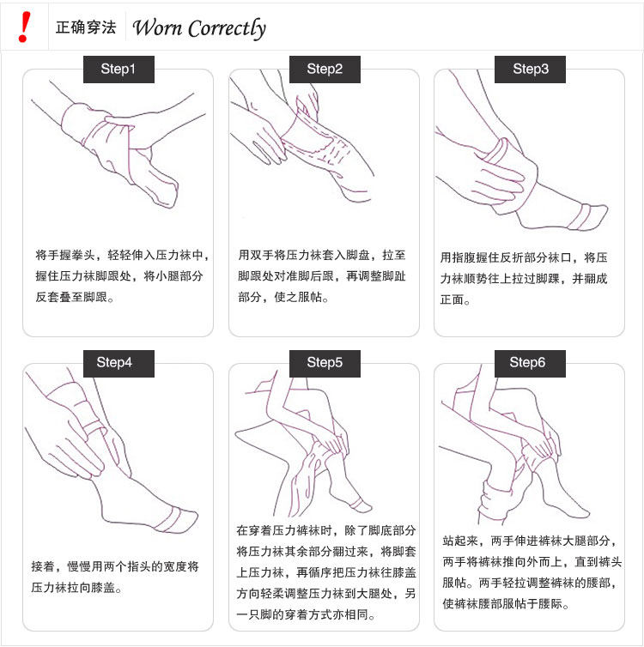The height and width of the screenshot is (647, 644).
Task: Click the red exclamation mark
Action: (x=25, y=27)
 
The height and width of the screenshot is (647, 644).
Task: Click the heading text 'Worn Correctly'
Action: (x=199, y=28)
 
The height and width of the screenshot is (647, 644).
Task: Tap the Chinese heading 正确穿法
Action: (x=86, y=27)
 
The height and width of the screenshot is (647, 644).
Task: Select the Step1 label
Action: (x=118, y=70)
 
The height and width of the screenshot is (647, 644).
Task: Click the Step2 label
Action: (x=325, y=70)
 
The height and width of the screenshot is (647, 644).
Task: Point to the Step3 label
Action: (x=530, y=70)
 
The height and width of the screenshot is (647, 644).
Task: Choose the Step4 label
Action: (x=118, y=364)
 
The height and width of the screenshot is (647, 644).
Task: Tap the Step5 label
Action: (x=325, y=364)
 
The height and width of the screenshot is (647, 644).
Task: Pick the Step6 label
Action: (x=530, y=364)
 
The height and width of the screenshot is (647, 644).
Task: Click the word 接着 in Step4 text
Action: (x=43, y=566)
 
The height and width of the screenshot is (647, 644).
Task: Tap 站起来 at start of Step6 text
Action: (x=460, y=541)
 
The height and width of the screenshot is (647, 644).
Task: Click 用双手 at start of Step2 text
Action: (x=256, y=255)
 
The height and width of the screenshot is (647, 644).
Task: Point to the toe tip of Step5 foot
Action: (x=368, y=507)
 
